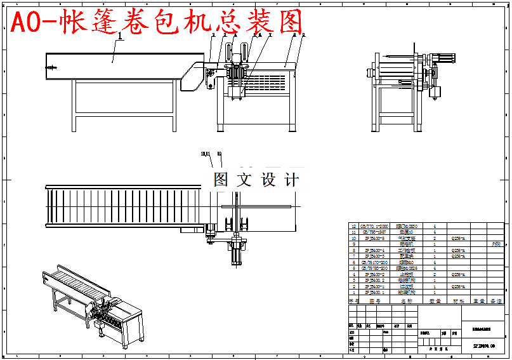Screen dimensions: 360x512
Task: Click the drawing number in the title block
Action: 483,346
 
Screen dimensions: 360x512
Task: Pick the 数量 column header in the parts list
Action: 435,301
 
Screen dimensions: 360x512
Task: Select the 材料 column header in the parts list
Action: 459,301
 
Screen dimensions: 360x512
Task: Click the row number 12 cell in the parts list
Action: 353,225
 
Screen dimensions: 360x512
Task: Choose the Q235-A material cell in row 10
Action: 459,238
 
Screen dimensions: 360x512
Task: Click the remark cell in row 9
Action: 496,244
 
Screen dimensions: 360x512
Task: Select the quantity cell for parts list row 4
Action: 435,274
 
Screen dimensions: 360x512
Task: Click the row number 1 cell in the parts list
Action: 353,293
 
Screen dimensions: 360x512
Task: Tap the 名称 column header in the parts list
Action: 406,301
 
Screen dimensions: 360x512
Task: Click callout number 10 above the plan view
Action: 220,154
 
